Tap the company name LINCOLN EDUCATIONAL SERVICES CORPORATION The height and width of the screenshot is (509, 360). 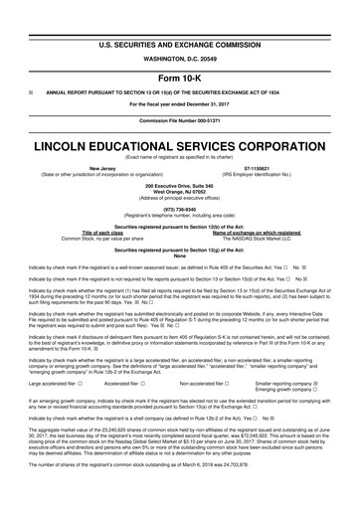click(180, 145)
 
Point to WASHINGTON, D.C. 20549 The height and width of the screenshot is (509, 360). click(180, 32)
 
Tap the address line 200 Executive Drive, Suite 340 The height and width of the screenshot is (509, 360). click(180, 187)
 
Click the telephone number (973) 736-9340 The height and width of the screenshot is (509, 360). click(180, 211)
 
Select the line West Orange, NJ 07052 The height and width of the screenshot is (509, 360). click(180, 193)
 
